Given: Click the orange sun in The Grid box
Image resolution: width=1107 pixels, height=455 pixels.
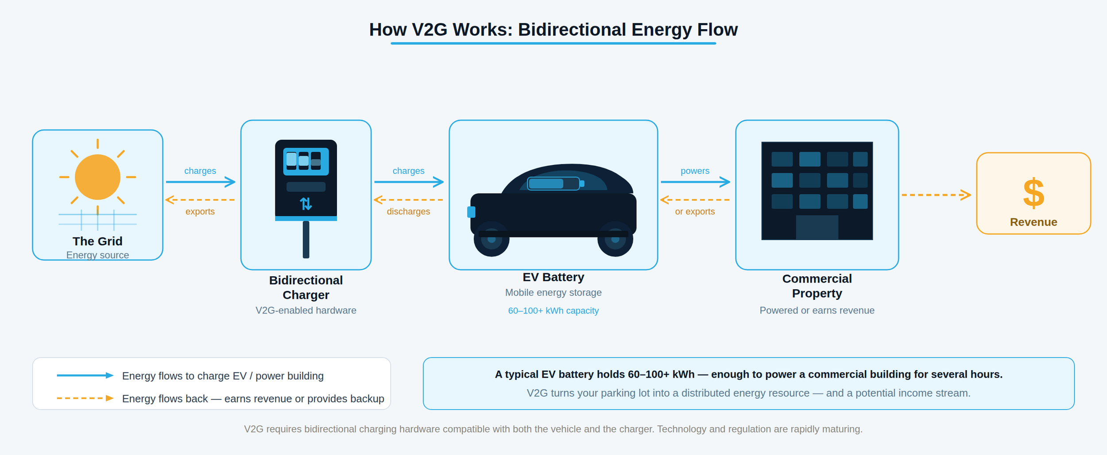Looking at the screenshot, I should pos(97,177).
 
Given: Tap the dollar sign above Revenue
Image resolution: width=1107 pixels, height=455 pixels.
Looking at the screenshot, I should pos(1033,193).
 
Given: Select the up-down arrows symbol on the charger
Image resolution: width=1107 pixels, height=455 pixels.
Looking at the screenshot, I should pos(306,204).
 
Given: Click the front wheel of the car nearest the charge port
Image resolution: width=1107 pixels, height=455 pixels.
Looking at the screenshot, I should pos(492,239).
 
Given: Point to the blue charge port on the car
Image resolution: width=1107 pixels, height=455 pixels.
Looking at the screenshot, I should pos(471,212).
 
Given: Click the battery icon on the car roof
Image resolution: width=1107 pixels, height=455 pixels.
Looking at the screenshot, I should pos(554,184).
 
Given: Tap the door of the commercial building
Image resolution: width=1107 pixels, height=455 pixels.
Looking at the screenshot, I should pos(817,227).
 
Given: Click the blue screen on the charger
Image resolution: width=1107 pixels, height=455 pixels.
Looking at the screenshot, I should pos(306,161).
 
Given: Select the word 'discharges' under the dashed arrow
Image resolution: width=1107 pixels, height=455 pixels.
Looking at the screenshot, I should pos(408,212).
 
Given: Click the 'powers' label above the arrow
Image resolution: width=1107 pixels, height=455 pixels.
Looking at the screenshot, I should pos(695,171).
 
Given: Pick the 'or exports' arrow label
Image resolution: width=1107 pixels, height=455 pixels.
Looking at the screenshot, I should pos(695,212).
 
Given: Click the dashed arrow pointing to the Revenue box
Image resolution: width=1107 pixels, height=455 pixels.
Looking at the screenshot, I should pos(936,195).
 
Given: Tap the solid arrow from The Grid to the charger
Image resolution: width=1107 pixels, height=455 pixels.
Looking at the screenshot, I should pos(200,182).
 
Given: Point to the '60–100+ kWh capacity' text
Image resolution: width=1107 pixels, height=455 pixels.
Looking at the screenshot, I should pos(553,311).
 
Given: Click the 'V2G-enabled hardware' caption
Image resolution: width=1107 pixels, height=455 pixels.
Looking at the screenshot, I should pos(306,310).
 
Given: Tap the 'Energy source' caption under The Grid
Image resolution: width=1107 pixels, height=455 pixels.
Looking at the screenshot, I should pos(97,255).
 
